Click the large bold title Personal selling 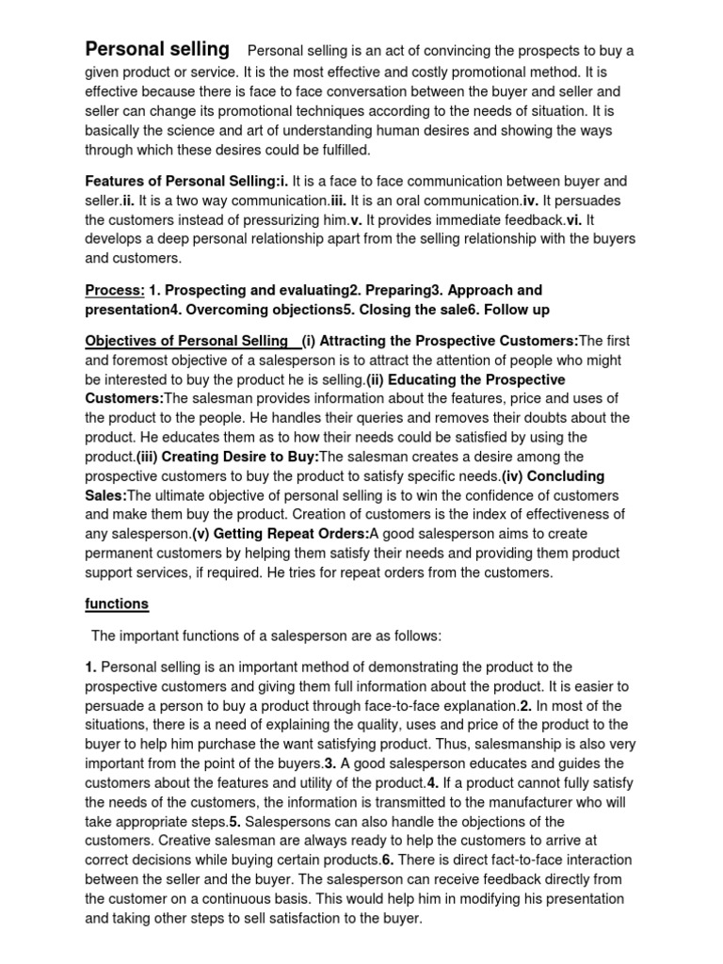tap(157, 49)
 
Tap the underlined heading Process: tap(114, 290)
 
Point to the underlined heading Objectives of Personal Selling tap(186, 340)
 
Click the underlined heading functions tap(117, 603)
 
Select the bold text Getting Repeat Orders tap(280, 534)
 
